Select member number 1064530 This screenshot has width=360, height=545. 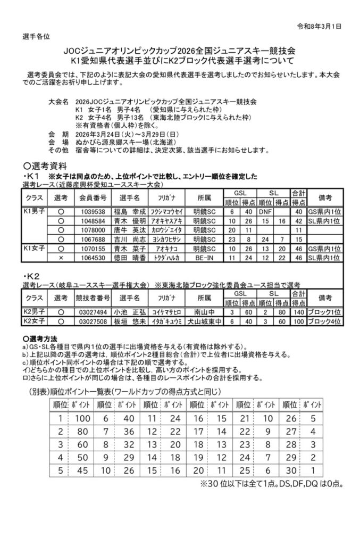pyautogui.click(x=93, y=258)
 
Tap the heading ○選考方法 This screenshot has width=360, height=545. pyautogui.click(x=40, y=338)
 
